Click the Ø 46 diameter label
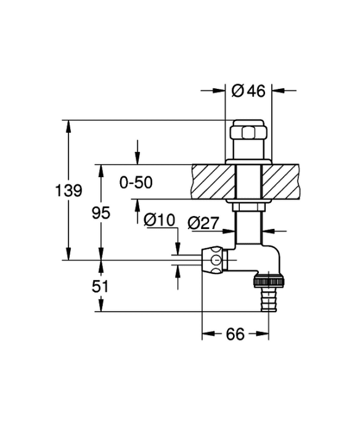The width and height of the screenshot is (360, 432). tap(248, 91)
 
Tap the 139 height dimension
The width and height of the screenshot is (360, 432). tap(68, 190)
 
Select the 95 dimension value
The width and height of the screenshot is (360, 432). tap(101, 213)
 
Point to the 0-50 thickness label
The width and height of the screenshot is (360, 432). tap(136, 183)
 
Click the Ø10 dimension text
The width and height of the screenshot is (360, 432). tap(160, 220)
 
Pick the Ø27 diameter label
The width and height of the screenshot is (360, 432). tap(203, 223)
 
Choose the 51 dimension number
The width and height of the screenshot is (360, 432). tap(100, 286)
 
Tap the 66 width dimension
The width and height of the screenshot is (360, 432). tap(235, 334)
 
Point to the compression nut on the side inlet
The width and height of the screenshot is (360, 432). tap(215, 260)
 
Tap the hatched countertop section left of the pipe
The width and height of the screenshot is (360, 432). tap(214, 181)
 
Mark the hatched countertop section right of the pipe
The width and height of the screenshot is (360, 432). tap(280, 181)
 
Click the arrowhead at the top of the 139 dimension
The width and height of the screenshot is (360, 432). tap(68, 127)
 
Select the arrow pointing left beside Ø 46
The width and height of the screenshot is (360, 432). tap(278, 90)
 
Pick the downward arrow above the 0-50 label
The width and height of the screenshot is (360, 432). tap(137, 159)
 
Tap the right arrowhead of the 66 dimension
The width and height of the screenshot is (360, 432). tap(263, 334)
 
